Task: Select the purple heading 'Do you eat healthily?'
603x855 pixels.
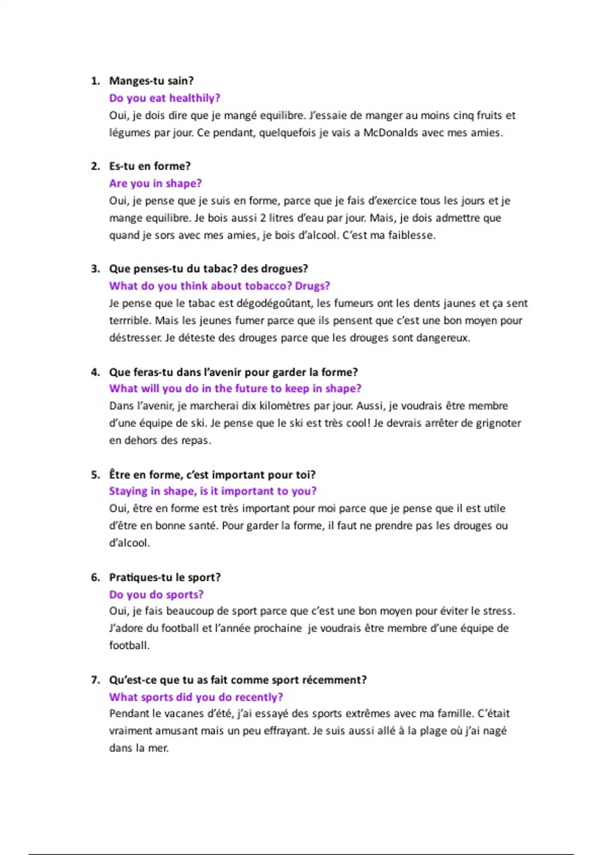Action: click(165, 98)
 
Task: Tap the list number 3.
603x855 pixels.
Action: click(95, 269)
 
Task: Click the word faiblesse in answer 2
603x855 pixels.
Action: click(411, 235)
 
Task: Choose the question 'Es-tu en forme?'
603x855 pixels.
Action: click(150, 166)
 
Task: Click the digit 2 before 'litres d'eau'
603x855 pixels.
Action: click(263, 218)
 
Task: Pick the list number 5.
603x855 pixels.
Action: click(95, 475)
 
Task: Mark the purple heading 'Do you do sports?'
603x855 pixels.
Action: click(156, 594)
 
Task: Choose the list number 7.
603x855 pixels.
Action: click(95, 680)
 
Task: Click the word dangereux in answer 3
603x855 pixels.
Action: click(445, 338)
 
